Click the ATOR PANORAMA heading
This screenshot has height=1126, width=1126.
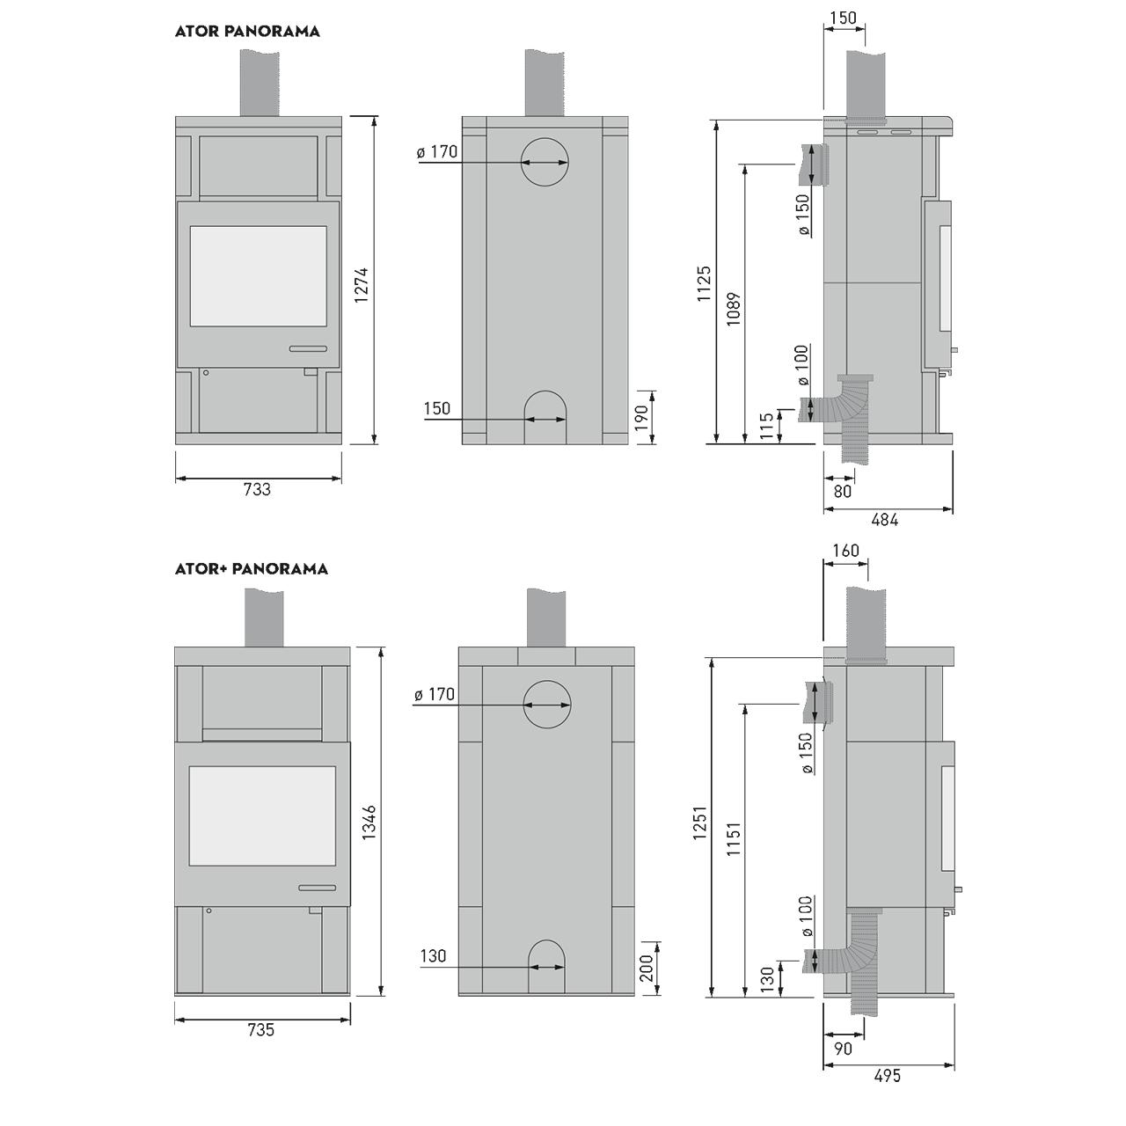point(247,32)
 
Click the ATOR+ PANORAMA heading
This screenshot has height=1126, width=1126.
point(252,569)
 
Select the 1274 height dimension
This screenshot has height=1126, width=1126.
point(362,284)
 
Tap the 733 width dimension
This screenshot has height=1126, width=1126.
point(257,489)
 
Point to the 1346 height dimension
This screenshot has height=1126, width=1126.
point(369,823)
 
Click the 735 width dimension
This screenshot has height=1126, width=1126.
point(260,1029)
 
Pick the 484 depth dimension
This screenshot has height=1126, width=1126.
point(885,520)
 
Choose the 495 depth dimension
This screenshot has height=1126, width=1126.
point(888,1076)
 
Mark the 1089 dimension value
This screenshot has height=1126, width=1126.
point(734,309)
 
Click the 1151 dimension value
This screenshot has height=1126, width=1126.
point(734,839)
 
